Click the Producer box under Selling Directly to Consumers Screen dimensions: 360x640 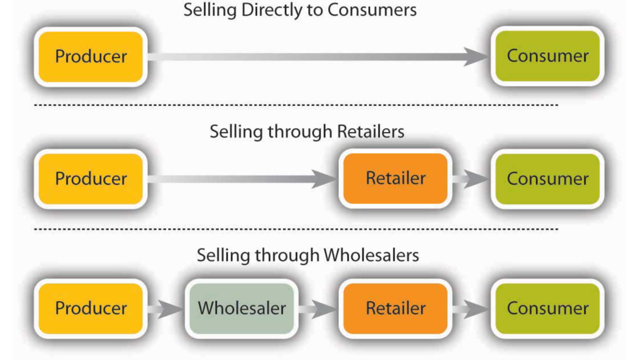tap(91, 56)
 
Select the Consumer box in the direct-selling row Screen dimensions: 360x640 tap(547, 56)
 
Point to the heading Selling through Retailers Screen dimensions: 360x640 tap(307, 131)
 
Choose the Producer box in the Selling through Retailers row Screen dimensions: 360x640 tap(91, 178)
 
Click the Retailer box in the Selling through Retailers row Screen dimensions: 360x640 tap(395, 178)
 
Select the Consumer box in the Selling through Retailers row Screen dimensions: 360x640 tap(547, 178)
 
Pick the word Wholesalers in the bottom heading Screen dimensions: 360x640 tap(371, 255)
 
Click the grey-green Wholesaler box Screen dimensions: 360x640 tap(241, 308)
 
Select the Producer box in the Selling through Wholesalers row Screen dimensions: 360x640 tap(91, 308)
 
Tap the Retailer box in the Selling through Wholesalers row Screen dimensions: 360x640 tap(395, 308)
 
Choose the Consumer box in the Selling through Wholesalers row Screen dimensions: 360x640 tap(547, 308)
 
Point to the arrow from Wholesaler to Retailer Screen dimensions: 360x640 tap(318, 308)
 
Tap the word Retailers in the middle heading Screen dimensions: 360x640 tap(370, 131)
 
